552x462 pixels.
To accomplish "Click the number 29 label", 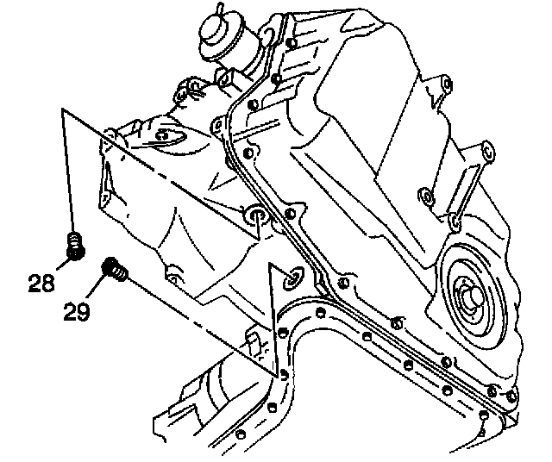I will (77, 309).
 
